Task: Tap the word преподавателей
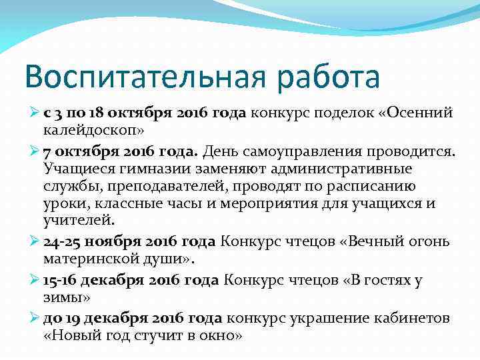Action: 165,185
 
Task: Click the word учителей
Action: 79,221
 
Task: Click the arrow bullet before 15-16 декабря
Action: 35,280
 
